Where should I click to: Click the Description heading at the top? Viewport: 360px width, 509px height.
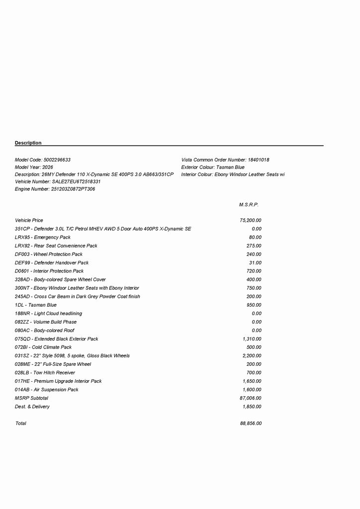click(x=28, y=143)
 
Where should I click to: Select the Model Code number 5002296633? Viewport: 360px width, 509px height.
click(x=57, y=160)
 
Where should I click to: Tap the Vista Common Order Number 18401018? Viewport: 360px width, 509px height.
click(x=259, y=160)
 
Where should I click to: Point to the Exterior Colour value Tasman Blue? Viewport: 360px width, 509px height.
click(x=230, y=168)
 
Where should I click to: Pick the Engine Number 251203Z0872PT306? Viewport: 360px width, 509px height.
click(x=73, y=189)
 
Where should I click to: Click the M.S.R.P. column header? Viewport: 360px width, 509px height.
click(x=249, y=205)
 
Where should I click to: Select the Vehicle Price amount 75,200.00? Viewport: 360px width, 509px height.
click(x=251, y=220)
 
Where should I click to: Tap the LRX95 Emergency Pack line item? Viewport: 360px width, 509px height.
click(x=43, y=237)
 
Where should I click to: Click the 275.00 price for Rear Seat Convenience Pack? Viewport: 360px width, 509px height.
click(x=254, y=246)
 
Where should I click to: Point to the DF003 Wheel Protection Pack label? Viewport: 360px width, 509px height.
click(x=49, y=254)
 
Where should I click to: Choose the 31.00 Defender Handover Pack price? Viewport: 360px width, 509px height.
click(x=255, y=262)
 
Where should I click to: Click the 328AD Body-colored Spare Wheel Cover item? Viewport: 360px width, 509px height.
click(x=60, y=279)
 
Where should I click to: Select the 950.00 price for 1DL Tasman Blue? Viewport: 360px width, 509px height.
click(x=254, y=305)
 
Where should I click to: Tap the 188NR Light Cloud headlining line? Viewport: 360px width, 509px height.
click(x=49, y=314)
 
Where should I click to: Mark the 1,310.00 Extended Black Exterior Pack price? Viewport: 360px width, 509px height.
click(x=252, y=339)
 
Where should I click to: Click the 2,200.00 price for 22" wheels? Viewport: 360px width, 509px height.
click(x=252, y=356)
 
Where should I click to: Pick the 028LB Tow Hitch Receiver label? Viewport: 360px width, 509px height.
click(x=45, y=373)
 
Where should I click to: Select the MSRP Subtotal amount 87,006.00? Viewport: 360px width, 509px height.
click(x=251, y=398)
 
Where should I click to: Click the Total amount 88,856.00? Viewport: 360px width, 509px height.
click(x=251, y=424)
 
